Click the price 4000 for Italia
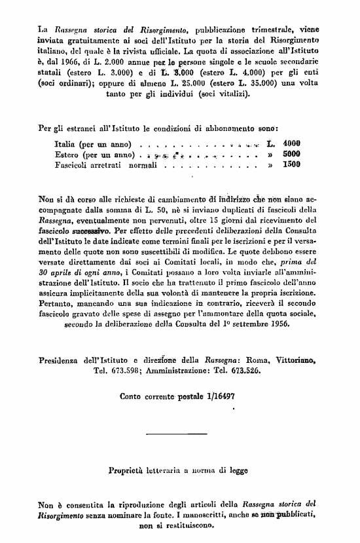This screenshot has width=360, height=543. click(291, 143)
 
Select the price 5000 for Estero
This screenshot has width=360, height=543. click(291, 155)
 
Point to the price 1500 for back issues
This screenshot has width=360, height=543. click(291, 165)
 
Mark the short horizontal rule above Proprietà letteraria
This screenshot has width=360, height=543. click(177, 434)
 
